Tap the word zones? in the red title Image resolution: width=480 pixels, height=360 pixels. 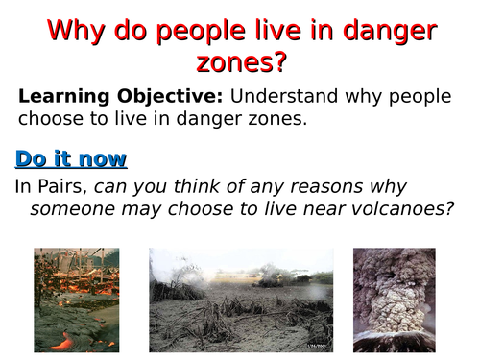pos(241,63)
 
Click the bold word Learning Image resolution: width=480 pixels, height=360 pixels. pos(60,97)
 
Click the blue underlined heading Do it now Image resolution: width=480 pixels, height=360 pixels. pos(71,159)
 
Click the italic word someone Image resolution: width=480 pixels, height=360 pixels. pos(67,209)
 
